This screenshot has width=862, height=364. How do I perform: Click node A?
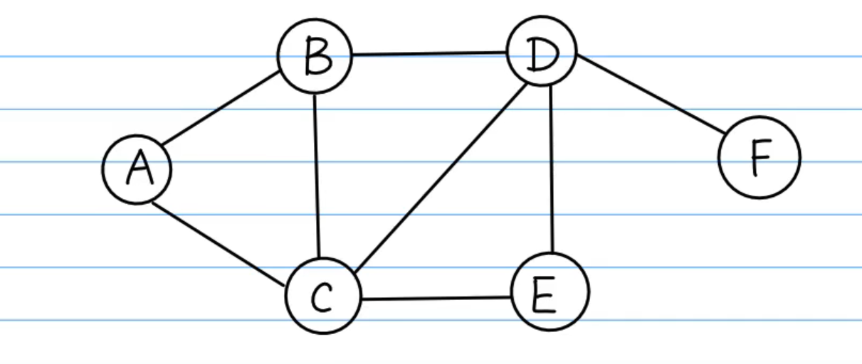pos(137,169)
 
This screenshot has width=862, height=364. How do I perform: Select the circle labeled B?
pos(315,56)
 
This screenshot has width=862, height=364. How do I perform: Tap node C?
pos(323,296)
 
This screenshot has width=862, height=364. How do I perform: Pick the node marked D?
pos(542,51)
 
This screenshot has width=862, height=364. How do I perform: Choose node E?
pos(550,291)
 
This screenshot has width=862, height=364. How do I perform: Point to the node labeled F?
pos(759,157)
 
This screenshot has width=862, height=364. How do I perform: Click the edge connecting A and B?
pos(221,108)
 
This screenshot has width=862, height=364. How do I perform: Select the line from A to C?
pos(219,244)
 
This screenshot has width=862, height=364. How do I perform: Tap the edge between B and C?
pos(317,176)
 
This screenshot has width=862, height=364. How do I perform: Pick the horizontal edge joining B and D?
pos(429,53)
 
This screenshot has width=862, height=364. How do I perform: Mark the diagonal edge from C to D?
pos(440,177)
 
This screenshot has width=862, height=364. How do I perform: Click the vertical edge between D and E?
pos(552,169)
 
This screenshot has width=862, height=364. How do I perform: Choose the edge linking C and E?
pos(436,298)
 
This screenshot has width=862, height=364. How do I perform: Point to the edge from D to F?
pos(651,94)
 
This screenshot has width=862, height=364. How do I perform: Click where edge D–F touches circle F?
pos(725,133)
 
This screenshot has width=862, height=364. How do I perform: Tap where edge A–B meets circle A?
pos(162,145)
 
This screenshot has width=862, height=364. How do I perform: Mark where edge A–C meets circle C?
pos(285,287)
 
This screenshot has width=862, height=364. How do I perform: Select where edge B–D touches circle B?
pos(352,55)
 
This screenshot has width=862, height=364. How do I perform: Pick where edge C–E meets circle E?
pos(511,296)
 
